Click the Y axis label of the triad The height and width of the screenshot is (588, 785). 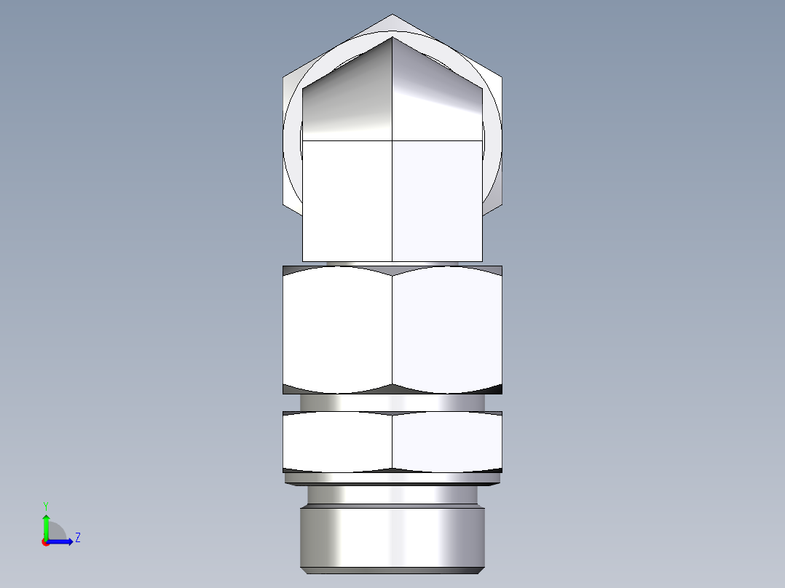(x=45, y=505)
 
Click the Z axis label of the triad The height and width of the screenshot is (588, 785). (x=77, y=538)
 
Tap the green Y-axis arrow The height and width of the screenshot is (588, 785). (x=46, y=524)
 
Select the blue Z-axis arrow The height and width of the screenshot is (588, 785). (x=61, y=541)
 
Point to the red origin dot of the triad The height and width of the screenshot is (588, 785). (x=45, y=542)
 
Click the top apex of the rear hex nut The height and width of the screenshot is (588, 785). (x=392, y=16)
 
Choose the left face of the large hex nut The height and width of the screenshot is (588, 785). (x=337, y=327)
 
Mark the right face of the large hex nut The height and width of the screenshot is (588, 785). (x=447, y=327)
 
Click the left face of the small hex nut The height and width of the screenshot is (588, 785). (x=337, y=441)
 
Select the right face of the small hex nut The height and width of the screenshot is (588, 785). (x=447, y=441)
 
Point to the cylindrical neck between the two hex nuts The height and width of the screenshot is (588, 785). (x=392, y=402)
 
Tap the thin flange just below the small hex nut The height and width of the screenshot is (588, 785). (x=392, y=478)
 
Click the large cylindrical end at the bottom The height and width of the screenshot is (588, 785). (x=392, y=539)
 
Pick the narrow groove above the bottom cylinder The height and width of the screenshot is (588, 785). (x=392, y=496)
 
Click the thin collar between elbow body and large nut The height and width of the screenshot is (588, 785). (x=392, y=263)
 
